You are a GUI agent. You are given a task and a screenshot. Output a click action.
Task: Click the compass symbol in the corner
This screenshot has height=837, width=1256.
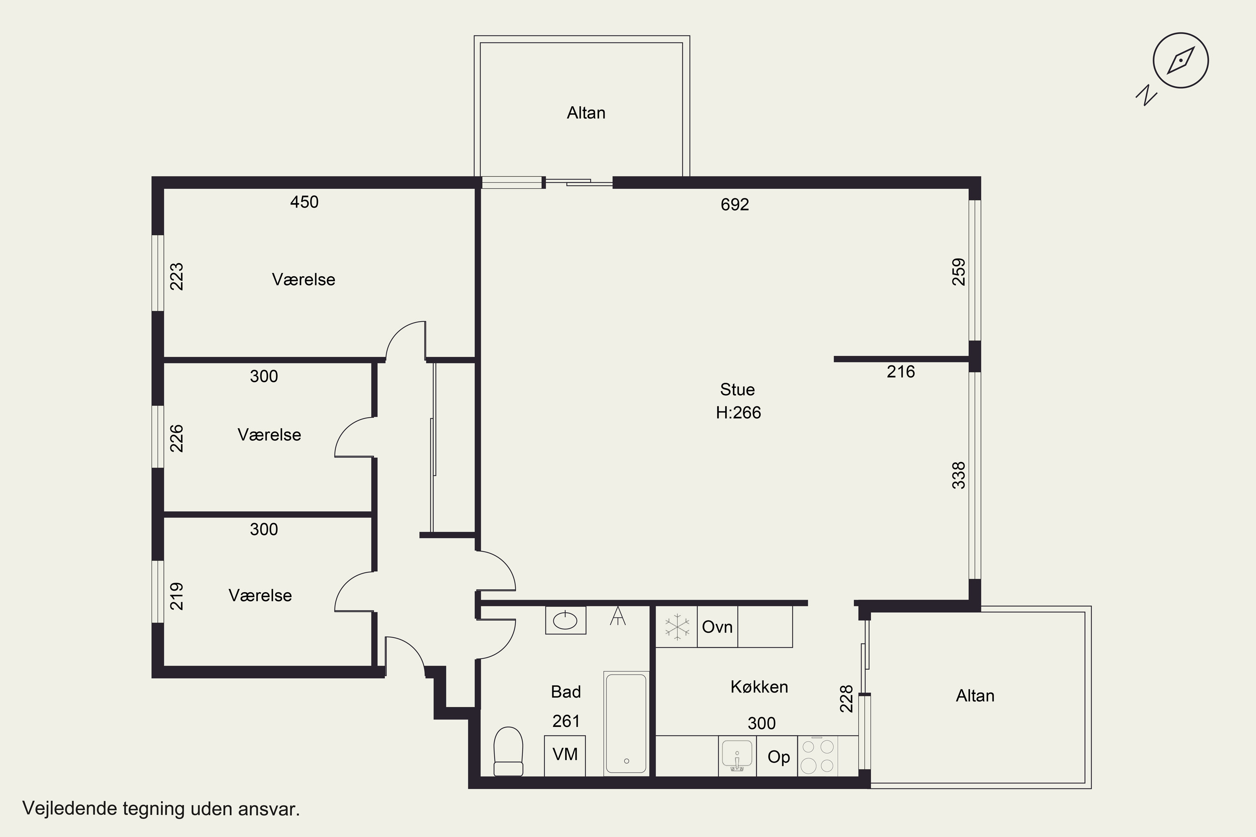tap(1180, 60)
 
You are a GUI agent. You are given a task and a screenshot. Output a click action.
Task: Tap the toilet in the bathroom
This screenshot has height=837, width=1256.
tap(508, 752)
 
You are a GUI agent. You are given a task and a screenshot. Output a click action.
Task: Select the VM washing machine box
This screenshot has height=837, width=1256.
tap(565, 756)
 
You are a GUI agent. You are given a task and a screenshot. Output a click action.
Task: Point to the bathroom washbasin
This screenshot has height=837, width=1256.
tap(566, 620)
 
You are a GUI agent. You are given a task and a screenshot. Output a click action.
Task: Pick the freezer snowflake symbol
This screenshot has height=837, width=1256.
tap(677, 626)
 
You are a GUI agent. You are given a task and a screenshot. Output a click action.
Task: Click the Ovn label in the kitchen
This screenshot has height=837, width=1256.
tap(717, 626)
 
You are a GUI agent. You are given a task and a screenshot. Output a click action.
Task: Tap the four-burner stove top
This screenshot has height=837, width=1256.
tap(818, 756)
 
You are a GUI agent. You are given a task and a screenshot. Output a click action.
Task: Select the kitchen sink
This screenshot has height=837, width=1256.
tap(737, 756)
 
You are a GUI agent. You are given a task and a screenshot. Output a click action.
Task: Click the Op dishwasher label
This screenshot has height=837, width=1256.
tap(779, 757)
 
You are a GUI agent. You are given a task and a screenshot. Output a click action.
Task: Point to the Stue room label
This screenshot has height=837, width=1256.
tap(737, 390)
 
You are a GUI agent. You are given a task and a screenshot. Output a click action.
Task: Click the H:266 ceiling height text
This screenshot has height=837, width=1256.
tap(739, 413)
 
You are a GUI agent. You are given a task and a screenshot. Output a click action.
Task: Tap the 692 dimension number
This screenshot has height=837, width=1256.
tap(735, 205)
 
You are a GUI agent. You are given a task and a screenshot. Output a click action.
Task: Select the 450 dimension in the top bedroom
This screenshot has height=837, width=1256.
tap(304, 202)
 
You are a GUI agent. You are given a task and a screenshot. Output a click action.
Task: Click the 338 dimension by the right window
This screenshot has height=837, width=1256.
tap(959, 475)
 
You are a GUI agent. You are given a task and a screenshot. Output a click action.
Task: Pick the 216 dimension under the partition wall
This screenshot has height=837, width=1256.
tap(901, 372)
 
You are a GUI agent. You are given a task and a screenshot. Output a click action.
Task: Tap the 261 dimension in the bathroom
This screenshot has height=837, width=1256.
tap(566, 721)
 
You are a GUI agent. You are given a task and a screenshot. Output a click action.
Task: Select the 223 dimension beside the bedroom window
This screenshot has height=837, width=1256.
tap(177, 277)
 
